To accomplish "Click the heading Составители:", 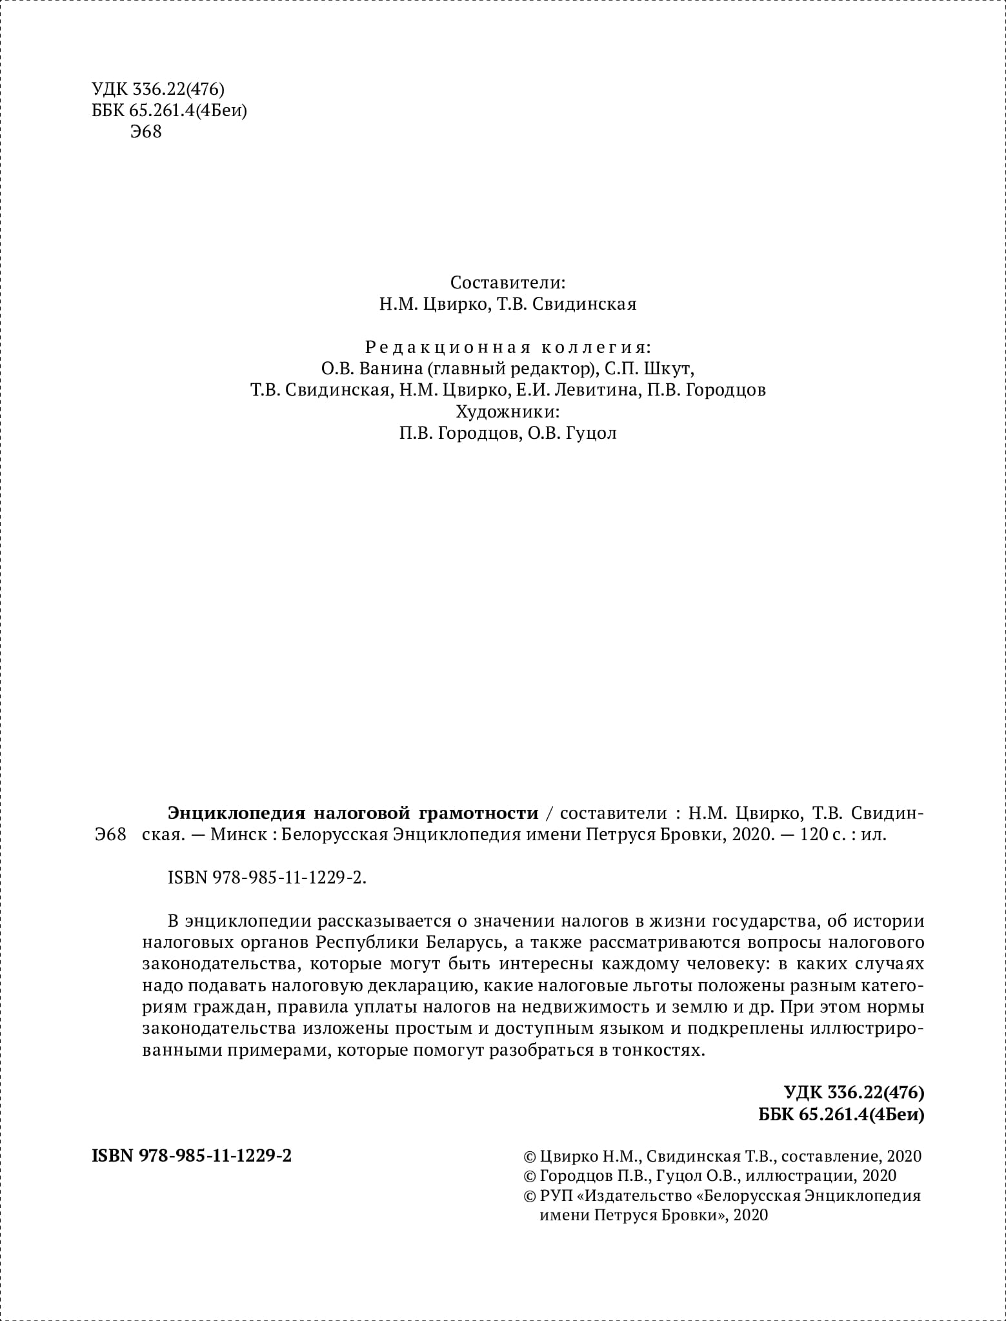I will click(508, 283).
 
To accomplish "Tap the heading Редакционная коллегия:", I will click(508, 348).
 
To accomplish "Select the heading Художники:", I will click(508, 412).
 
